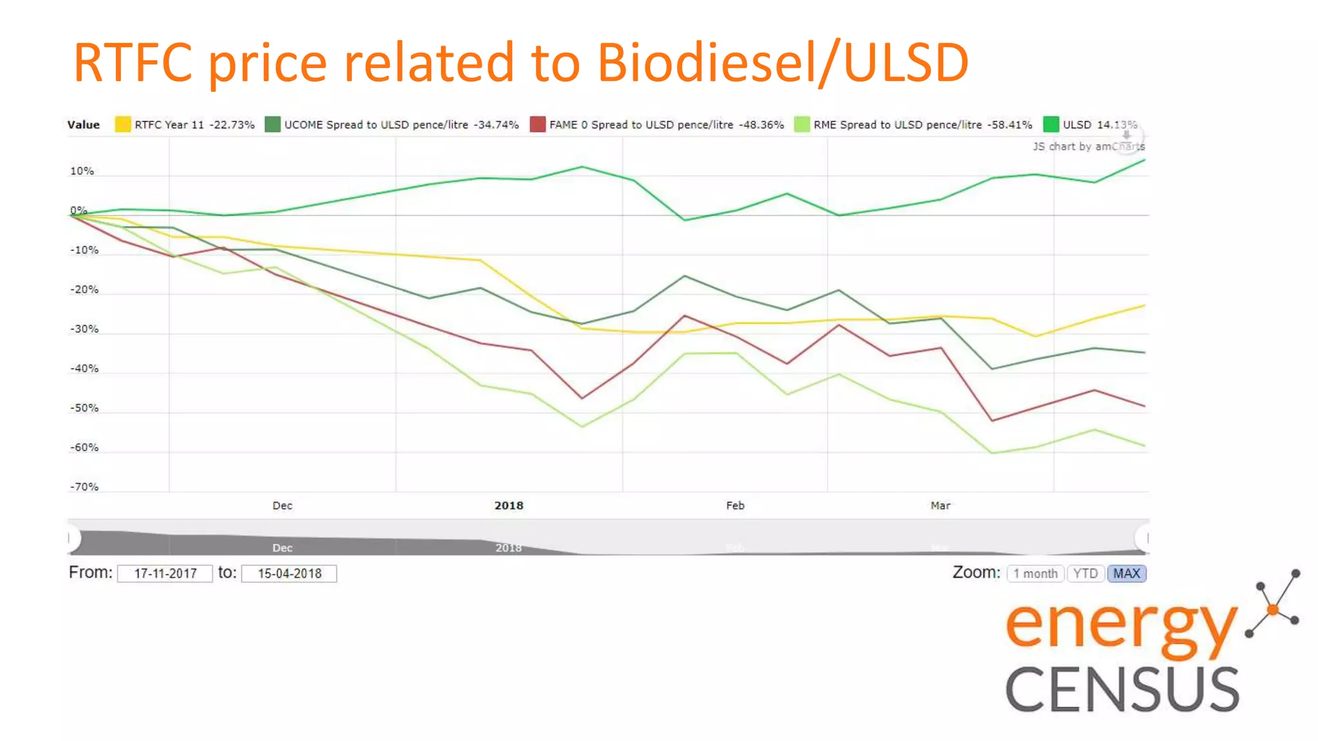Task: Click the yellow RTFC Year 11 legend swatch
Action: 123,124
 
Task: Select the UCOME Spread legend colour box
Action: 273,124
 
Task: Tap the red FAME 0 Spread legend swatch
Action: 538,124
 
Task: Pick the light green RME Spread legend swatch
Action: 802,124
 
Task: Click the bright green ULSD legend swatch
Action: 1051,124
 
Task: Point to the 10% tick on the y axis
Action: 82,171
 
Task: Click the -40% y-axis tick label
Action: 84,369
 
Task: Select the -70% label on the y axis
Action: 84,487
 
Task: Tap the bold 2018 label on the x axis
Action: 508,506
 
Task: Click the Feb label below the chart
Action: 735,506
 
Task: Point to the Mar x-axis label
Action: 940,506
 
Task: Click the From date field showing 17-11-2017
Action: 165,573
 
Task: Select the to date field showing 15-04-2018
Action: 289,573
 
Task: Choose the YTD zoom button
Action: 1086,573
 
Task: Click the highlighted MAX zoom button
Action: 1127,573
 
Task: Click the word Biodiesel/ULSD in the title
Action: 783,62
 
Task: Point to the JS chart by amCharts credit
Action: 1088,147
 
